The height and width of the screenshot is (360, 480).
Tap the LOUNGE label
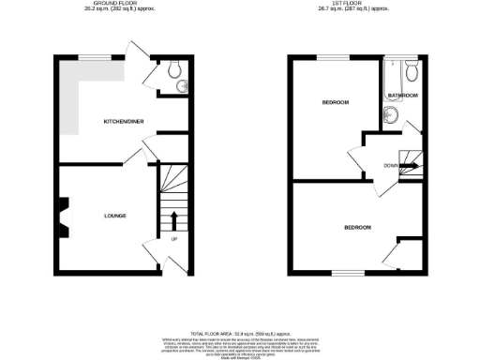115,216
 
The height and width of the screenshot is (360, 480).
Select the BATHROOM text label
403,96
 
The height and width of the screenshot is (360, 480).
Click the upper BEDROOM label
336,101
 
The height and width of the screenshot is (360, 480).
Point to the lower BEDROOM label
356,228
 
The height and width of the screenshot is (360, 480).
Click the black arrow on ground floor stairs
174,221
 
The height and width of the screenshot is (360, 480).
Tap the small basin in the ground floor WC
180,90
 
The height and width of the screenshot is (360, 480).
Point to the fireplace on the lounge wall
63,216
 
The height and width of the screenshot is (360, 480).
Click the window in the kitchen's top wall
92,58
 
